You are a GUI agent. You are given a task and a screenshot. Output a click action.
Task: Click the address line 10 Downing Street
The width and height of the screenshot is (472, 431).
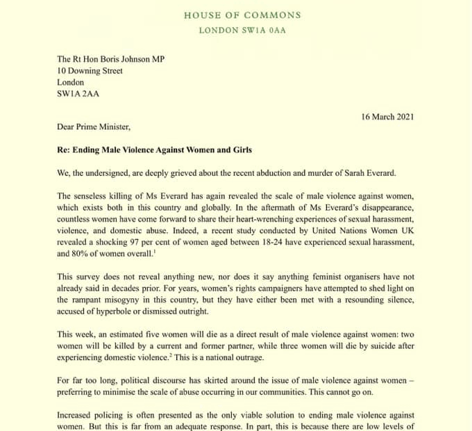pyautogui.click(x=90, y=71)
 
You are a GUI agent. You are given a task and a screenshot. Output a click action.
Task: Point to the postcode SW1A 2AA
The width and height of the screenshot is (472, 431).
pyautogui.click(x=78, y=94)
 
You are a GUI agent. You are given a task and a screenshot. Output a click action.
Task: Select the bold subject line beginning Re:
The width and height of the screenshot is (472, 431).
pyautogui.click(x=154, y=150)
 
